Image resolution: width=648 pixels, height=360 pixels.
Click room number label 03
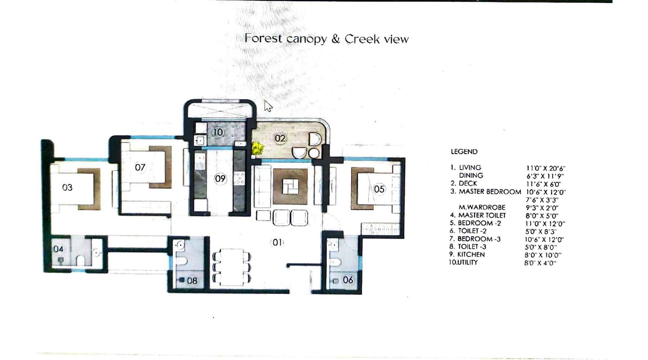pos(67,187)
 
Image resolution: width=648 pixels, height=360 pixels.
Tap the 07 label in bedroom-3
pos(140,167)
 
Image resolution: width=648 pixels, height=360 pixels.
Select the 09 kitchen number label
pos(220,179)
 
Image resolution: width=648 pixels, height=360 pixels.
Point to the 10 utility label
pos(218,132)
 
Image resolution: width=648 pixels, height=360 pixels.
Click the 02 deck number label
pos(280,138)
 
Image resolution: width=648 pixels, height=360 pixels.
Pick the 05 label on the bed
pos(379,189)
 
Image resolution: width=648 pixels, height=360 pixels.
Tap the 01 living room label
pos(277,243)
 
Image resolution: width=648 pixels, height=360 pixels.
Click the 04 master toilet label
pos(58,249)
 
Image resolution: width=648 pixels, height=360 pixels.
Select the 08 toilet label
pos(192,280)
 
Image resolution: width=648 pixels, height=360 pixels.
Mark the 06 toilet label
pos(348,280)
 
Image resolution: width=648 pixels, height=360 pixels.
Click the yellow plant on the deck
pos(257,149)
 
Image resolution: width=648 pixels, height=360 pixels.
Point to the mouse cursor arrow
pos(268,106)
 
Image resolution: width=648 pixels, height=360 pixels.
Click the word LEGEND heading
pos(464,152)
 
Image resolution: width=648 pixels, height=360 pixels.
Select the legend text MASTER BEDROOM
pos(490,192)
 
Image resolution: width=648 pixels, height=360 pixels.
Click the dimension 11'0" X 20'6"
pos(545,168)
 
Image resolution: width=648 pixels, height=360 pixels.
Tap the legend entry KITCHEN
pos(471,255)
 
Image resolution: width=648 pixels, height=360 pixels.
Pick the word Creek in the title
pos(362,39)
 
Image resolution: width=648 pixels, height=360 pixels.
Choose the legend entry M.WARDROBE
pos(482,207)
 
